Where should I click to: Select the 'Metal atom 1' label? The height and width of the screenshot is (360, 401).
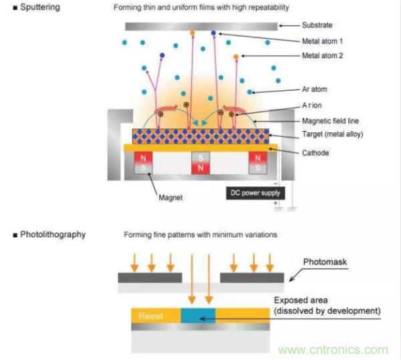click(x=321, y=41)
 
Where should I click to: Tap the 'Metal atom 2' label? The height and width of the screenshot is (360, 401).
click(x=321, y=56)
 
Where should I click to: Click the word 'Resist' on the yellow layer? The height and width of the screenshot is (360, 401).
click(x=148, y=315)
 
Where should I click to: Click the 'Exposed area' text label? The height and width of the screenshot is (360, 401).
click(x=300, y=300)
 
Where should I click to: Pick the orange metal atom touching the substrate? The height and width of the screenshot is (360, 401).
click(x=192, y=33)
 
